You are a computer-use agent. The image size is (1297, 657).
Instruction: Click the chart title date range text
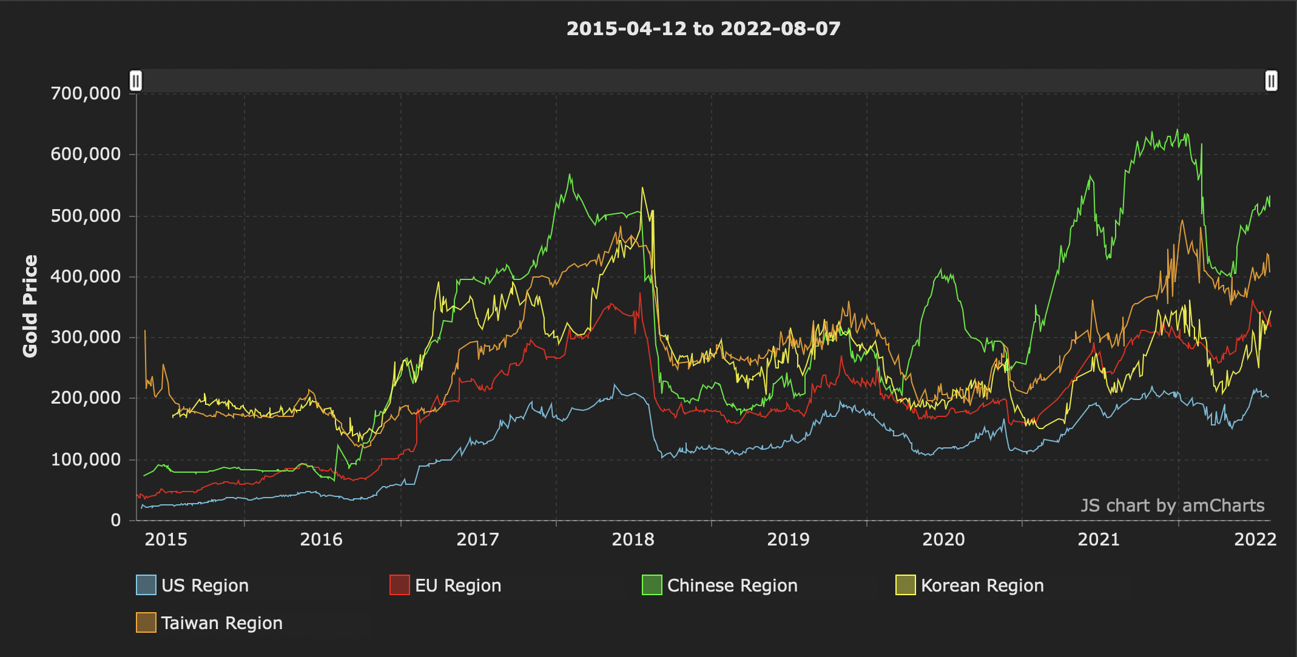703,28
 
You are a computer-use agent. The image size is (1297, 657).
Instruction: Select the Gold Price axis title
30,306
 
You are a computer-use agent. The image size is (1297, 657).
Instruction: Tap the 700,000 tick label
86,93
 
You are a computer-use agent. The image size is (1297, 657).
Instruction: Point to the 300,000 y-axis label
86,337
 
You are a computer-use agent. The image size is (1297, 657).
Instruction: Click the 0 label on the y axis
115,520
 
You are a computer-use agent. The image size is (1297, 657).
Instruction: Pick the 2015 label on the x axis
166,539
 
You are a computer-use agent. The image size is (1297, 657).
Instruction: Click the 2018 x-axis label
633,539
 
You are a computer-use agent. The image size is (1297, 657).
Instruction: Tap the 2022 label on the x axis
1255,539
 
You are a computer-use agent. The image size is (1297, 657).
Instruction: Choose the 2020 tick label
943,539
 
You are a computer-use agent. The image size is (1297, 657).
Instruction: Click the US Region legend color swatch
146,585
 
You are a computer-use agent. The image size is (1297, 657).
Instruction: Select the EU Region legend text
458,585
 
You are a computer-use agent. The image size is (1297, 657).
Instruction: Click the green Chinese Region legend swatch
652,585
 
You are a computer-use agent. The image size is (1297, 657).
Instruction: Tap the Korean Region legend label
982,585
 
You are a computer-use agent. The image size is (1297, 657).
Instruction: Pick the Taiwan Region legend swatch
146,622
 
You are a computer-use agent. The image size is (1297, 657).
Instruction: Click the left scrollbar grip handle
136,81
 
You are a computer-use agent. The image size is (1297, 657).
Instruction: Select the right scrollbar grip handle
1271,81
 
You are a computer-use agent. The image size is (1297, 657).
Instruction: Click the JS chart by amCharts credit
1172,505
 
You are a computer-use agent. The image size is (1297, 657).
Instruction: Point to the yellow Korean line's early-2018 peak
642,188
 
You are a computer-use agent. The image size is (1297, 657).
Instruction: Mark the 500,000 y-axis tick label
86,216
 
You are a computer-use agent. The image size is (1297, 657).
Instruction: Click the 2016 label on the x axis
321,539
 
